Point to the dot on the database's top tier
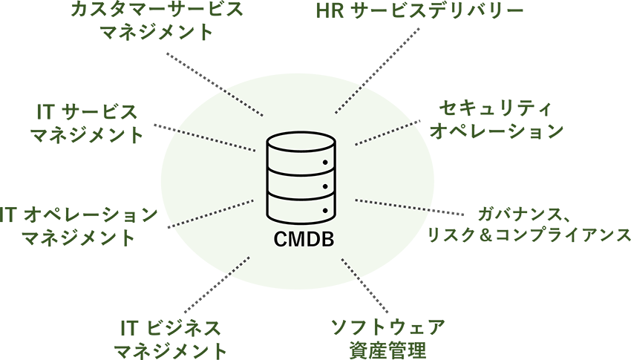click(324, 160)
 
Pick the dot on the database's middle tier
click(324, 186)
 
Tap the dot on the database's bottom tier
click(324, 211)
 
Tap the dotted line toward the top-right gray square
click(350, 99)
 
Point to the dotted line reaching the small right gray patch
click(393, 204)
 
